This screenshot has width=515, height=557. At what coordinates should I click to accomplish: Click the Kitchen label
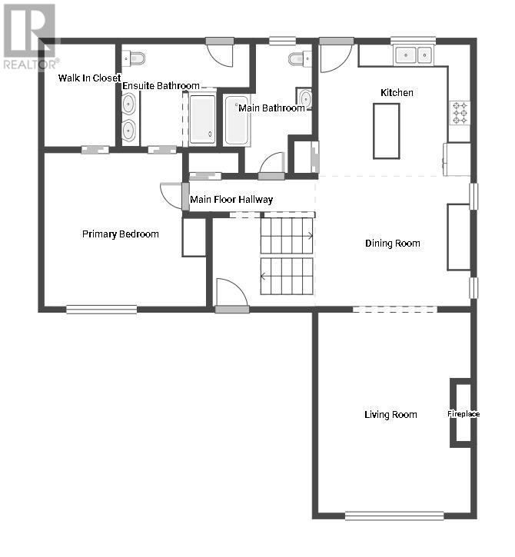click(397, 93)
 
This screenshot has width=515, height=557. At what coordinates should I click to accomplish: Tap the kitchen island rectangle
click(387, 131)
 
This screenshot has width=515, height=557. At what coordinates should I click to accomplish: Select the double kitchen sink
click(414, 55)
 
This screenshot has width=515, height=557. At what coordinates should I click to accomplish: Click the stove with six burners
click(460, 113)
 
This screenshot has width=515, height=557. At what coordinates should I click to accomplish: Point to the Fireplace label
click(463, 414)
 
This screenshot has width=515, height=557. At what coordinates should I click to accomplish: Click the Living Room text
click(390, 415)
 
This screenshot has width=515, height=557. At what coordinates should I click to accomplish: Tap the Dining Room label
click(393, 244)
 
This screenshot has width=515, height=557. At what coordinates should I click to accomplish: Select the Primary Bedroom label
click(121, 234)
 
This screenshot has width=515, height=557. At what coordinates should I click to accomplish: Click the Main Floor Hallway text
click(231, 200)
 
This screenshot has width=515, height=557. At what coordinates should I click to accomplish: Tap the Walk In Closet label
click(90, 78)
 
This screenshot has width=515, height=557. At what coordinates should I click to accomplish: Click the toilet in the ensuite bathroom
click(134, 58)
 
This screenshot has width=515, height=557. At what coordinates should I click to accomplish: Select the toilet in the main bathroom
click(300, 58)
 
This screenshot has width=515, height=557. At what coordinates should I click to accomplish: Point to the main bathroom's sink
click(304, 97)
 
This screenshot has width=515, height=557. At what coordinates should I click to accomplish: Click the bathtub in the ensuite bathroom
click(202, 119)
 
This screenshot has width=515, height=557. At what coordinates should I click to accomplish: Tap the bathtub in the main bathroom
click(236, 120)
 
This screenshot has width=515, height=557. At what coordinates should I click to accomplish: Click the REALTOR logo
click(29, 36)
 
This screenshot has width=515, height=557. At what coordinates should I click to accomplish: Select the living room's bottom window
click(394, 516)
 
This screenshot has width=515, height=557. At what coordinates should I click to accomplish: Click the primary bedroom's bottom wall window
click(101, 310)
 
